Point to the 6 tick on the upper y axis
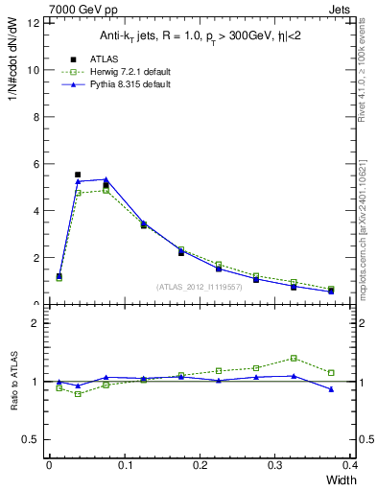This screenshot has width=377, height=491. click(35, 164)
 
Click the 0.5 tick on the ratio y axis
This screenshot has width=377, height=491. click(30, 439)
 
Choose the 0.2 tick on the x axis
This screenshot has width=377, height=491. click(200, 464)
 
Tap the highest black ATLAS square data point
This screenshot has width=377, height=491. click(78, 175)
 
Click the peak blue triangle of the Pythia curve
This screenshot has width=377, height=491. click(106, 179)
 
